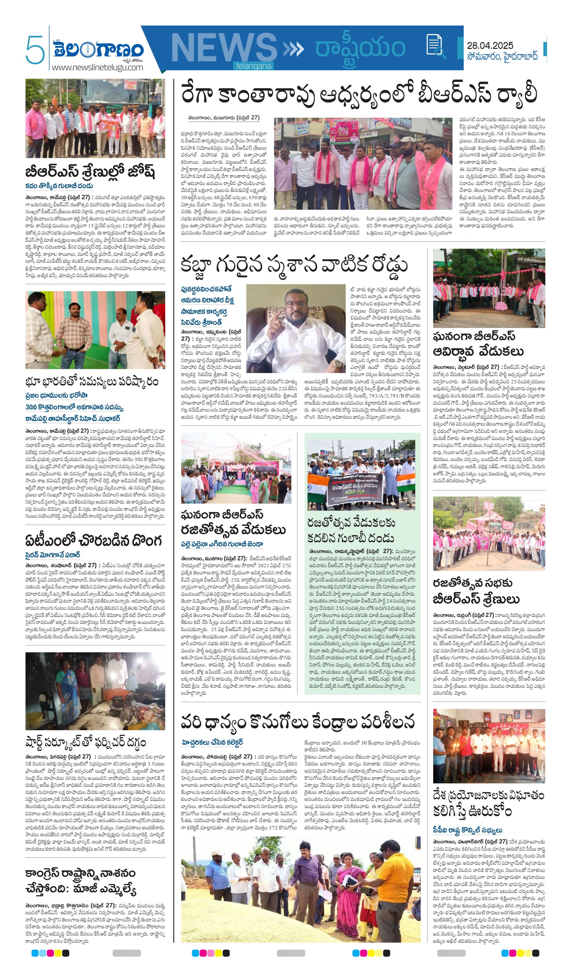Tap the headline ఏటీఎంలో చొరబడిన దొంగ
(93, 540)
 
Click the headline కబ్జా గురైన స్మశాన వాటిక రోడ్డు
(294, 265)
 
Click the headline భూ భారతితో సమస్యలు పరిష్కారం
(92, 382)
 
